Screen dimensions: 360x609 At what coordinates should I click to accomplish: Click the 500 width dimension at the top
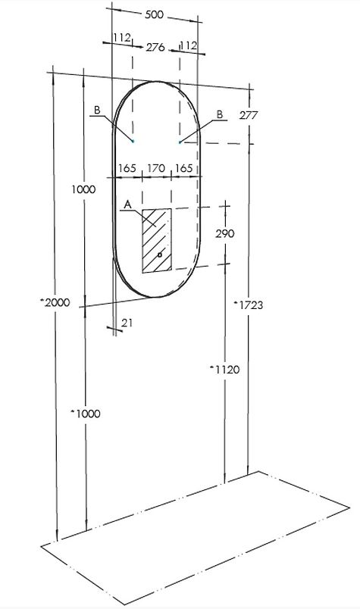(155, 14)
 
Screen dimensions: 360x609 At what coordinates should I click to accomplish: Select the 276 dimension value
(155, 48)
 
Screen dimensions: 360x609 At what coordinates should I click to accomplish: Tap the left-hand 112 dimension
(122, 38)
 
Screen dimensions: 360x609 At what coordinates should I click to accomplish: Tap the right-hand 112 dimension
(189, 46)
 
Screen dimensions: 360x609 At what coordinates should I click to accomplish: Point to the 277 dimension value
(249, 115)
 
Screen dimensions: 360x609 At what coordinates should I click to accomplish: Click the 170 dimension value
(155, 169)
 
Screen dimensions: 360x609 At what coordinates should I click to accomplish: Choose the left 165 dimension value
(127, 169)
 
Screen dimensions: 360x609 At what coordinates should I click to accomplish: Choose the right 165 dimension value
(184, 169)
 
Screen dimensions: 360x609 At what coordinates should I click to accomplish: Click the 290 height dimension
(225, 233)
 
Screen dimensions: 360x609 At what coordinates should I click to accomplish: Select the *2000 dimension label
(55, 302)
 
